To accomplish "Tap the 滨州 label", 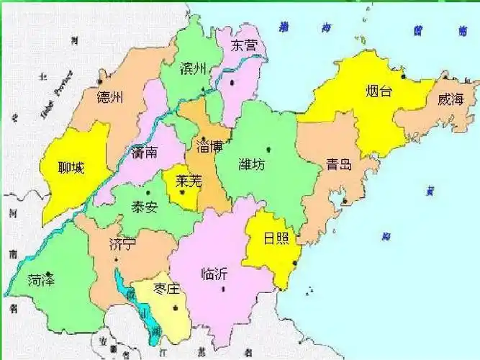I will [193, 69].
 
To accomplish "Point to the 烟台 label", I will [378, 91].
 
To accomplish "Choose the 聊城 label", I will [72, 168].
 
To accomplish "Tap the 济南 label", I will [148, 153].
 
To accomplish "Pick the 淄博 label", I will [209, 145].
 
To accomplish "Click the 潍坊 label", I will [251, 164].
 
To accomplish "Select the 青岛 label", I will [339, 164].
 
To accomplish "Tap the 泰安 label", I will [143, 206].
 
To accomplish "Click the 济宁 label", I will [123, 243].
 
